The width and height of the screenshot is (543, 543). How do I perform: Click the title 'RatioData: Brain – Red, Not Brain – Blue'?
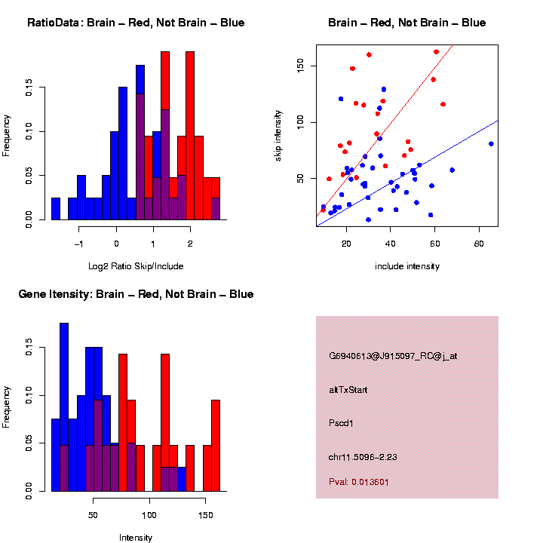(x=136, y=23)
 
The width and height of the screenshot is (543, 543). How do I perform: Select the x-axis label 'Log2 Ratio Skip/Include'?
(x=136, y=265)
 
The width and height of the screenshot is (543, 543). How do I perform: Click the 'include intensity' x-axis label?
(x=406, y=265)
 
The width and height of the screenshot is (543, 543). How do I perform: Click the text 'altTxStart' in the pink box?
(x=348, y=390)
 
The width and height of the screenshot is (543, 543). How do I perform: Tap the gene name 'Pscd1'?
(x=341, y=423)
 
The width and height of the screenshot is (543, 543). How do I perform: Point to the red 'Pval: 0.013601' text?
(x=359, y=481)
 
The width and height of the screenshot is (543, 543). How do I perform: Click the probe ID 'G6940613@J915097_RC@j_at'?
(x=393, y=356)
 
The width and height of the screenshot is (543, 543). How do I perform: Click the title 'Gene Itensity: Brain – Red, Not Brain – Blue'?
(x=136, y=294)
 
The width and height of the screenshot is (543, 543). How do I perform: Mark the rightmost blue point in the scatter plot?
(x=491, y=143)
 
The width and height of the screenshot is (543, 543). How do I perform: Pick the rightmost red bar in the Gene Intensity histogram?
(x=216, y=445)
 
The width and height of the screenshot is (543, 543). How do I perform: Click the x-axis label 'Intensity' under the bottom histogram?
(x=136, y=538)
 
